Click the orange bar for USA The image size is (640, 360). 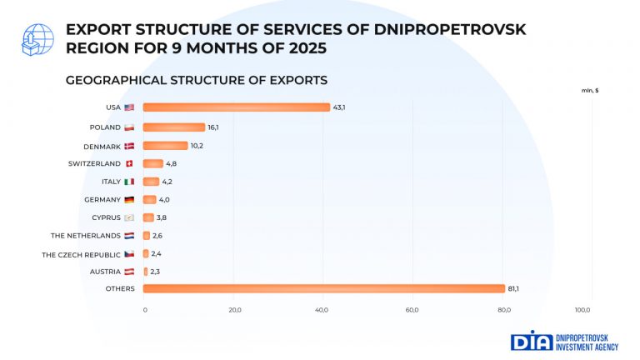coord(237,107)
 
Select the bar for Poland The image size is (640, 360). coord(174,127)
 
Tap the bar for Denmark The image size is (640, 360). coord(165,146)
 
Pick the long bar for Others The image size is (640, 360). coord(323,288)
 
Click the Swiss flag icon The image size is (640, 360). coord(129,163)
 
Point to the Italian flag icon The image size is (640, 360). coord(129,182)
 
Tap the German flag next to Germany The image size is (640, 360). coord(129,200)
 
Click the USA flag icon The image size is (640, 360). coord(129,107)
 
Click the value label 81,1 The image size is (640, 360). coord(513,288)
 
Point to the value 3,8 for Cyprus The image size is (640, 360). coord(162,217)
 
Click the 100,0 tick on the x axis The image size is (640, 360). coord(583,310)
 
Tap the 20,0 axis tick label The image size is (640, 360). coord(234,310)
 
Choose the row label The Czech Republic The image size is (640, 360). coord(81,254)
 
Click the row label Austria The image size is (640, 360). coord(105,272)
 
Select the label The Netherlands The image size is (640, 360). coord(86,236)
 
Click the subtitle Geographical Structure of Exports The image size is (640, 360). coord(196,80)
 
